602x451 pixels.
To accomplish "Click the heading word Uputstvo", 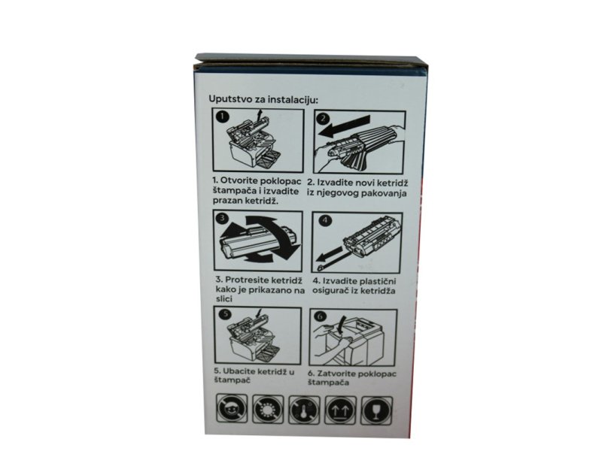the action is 230,99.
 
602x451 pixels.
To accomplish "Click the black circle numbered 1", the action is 223,117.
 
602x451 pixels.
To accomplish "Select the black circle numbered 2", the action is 324,119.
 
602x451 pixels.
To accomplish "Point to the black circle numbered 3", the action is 222,218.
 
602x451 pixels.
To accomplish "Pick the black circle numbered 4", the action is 325,220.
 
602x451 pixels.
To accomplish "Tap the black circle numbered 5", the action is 225,314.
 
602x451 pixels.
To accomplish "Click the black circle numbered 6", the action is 321,316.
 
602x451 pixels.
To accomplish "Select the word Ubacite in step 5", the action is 239,371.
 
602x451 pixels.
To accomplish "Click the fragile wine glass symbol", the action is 377,410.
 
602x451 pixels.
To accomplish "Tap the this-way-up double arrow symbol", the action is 341,410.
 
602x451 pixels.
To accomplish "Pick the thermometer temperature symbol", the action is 304,410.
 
